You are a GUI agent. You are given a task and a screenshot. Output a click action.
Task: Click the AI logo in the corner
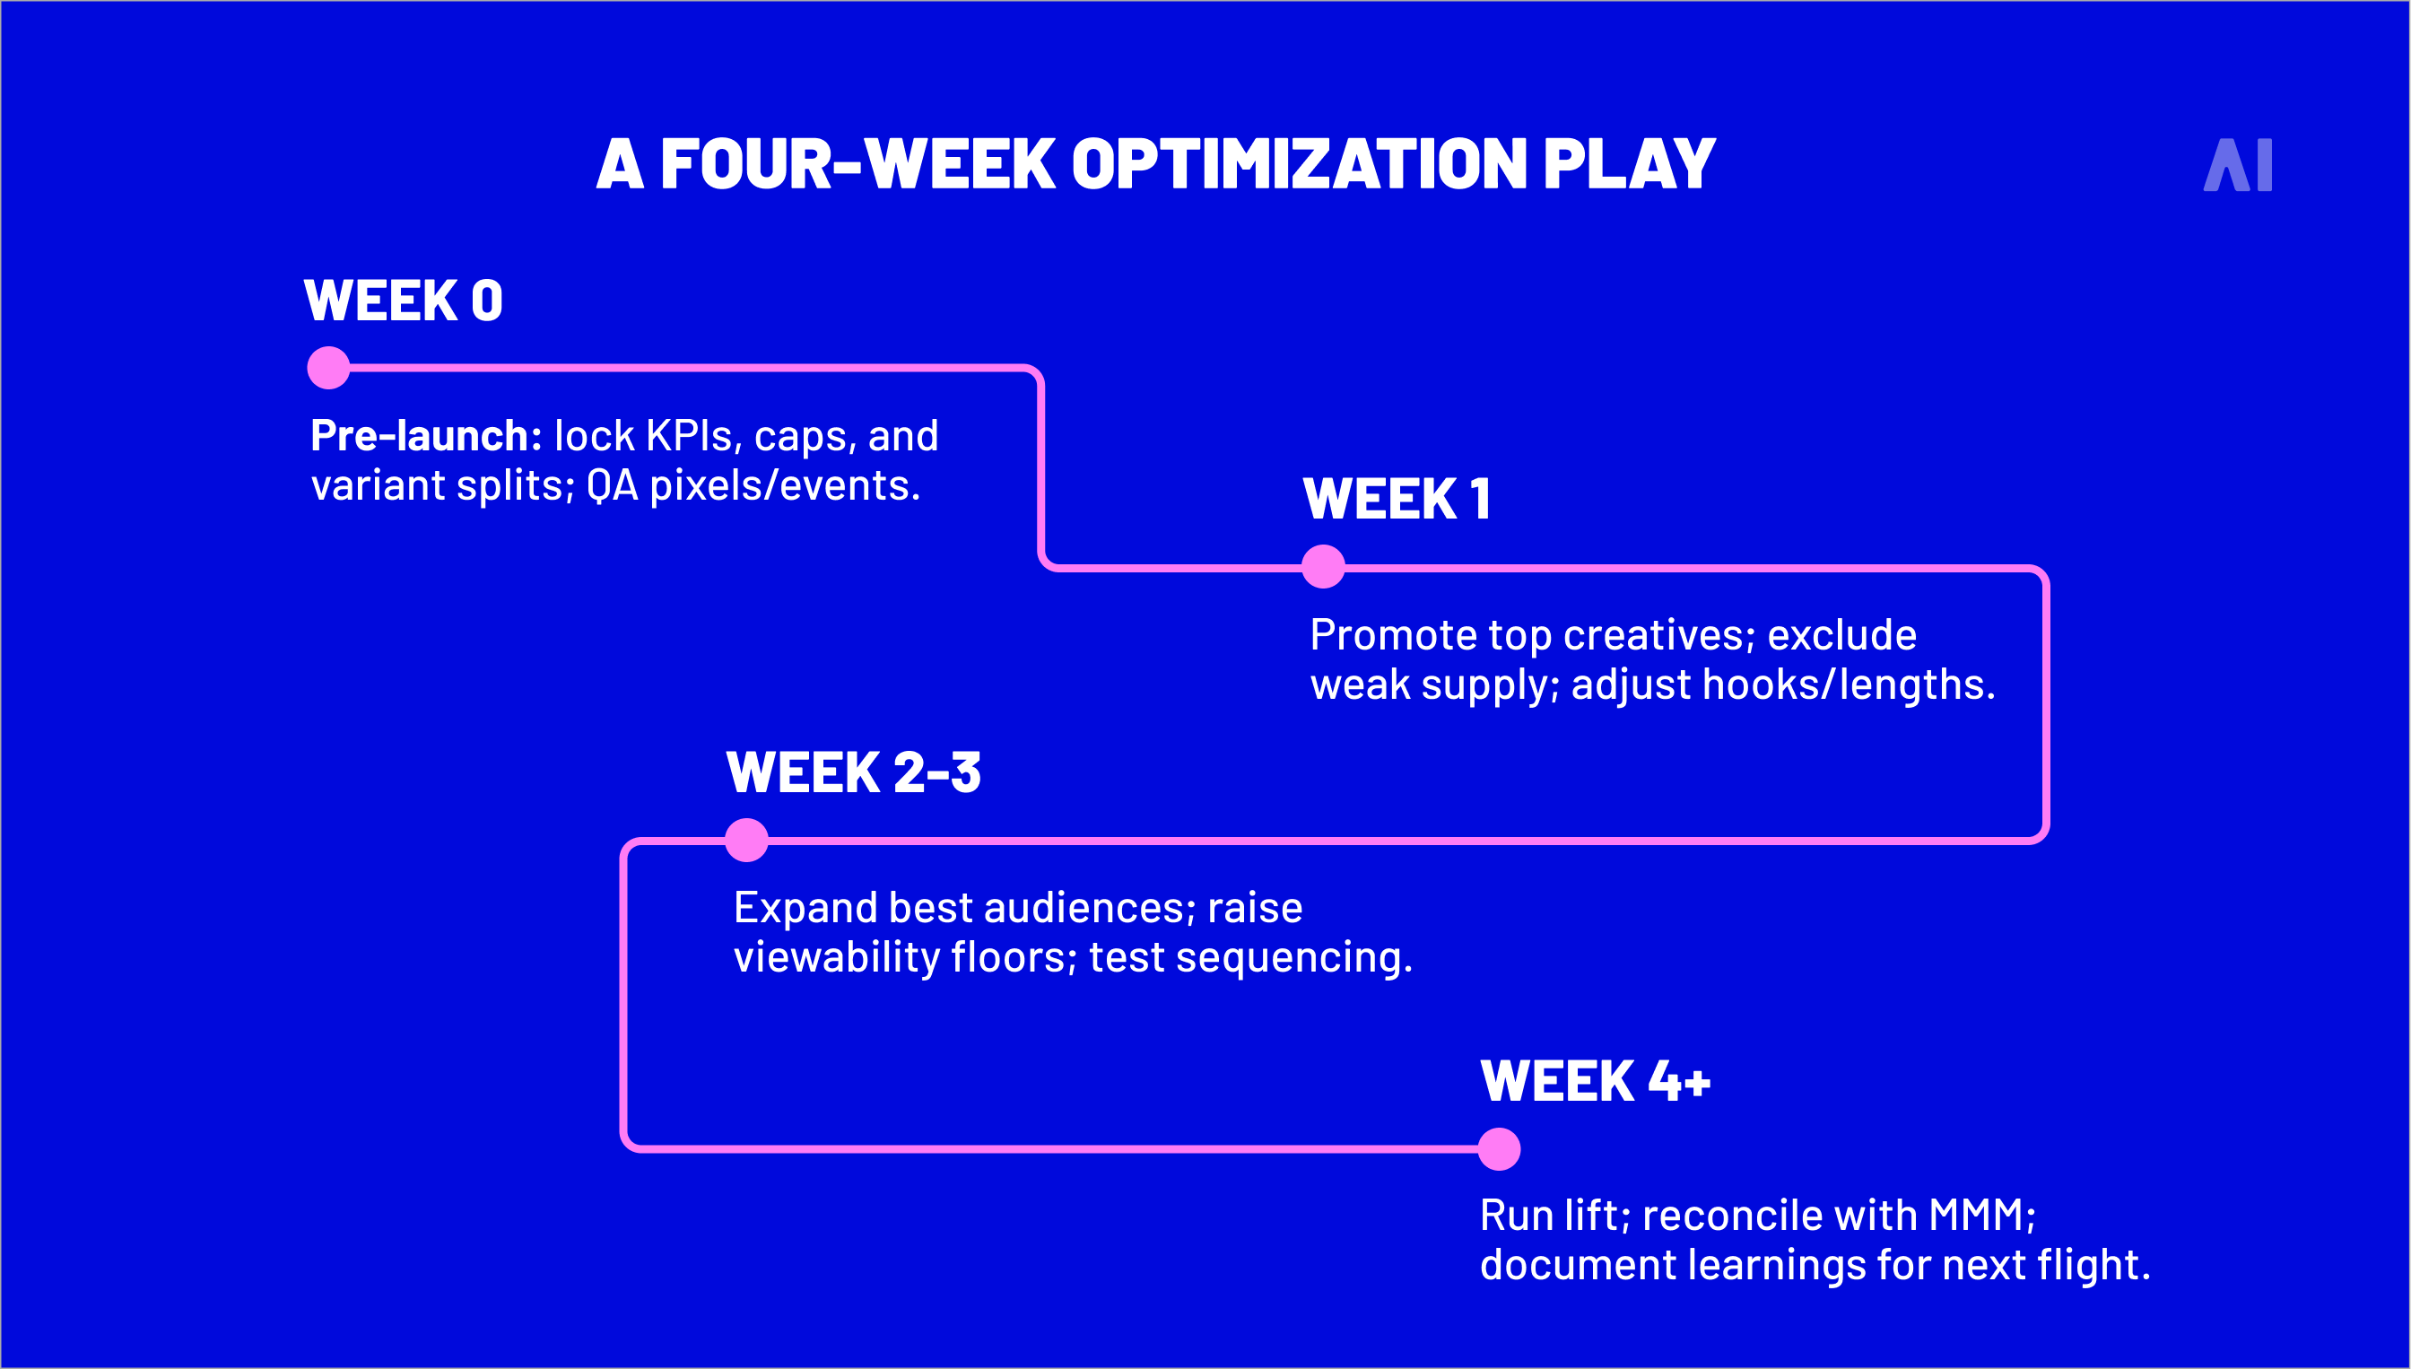(2237, 165)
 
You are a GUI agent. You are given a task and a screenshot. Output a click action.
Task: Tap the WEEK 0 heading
(404, 301)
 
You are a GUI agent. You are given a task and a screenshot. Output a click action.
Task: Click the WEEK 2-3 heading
(854, 773)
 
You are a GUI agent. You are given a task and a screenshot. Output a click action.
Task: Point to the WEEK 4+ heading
(1595, 1080)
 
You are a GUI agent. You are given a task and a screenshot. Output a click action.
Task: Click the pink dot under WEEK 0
(329, 368)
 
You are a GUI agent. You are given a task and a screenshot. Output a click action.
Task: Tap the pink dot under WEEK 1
(1324, 566)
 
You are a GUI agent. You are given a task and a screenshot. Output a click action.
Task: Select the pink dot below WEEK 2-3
(747, 840)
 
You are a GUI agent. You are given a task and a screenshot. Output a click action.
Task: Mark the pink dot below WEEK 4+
(1499, 1149)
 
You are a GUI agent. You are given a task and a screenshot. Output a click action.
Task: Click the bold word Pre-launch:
(426, 435)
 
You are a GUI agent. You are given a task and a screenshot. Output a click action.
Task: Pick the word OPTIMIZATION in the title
(1299, 164)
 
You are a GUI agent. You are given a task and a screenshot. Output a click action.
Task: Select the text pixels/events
(784, 486)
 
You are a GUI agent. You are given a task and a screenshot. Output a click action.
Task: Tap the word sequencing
(1293, 958)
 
